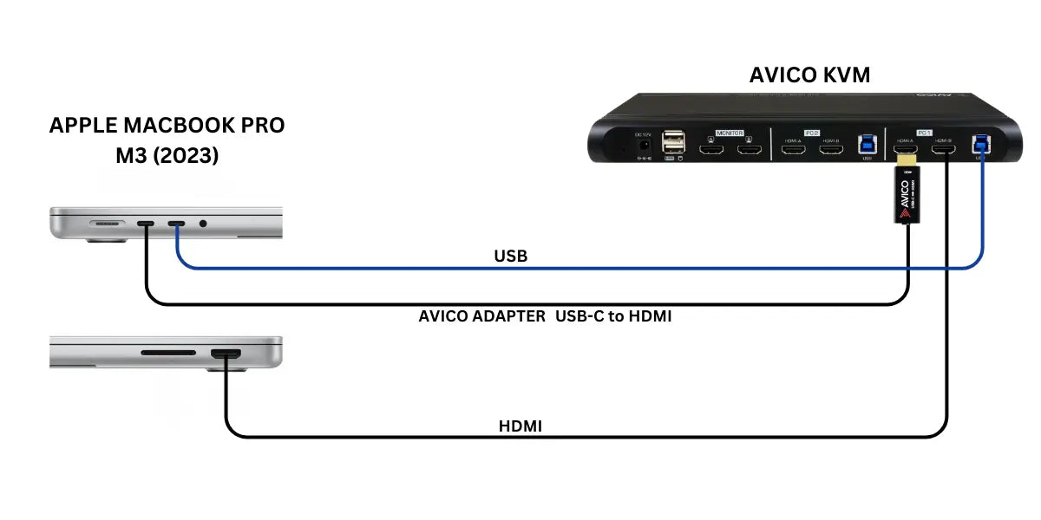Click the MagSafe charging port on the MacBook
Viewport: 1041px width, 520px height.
pos(106,224)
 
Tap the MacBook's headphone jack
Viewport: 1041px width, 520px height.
pos(204,224)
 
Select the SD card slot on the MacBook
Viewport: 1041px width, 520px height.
pos(168,354)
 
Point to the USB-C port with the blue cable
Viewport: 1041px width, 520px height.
pos(177,224)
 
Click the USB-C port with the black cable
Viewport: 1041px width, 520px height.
pos(146,224)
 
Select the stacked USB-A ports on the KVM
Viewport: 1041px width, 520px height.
pos(673,143)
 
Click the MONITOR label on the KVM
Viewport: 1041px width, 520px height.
pos(730,133)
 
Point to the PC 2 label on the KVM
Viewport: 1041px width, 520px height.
pos(812,133)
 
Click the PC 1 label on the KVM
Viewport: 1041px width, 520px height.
pos(923,133)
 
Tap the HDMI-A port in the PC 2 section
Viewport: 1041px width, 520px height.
pos(793,152)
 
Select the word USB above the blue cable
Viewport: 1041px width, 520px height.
pos(510,257)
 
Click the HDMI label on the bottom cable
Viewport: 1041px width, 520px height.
pos(520,426)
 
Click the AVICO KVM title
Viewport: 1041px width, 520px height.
pos(809,75)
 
